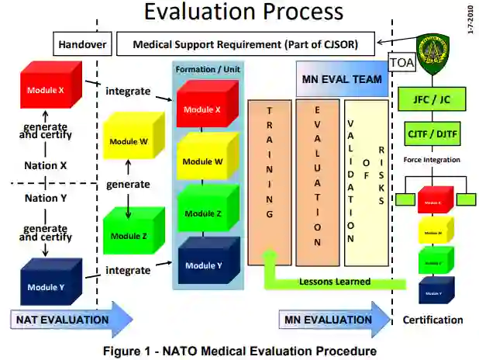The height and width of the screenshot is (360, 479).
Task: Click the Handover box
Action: click(82, 44)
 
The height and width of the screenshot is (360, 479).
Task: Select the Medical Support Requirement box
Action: click(245, 44)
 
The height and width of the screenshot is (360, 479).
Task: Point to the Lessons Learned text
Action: click(335, 282)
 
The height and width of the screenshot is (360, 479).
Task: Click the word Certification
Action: click(432, 320)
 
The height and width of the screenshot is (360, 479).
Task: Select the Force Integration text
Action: click(432, 160)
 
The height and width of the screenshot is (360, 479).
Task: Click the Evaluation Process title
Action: click(243, 12)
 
